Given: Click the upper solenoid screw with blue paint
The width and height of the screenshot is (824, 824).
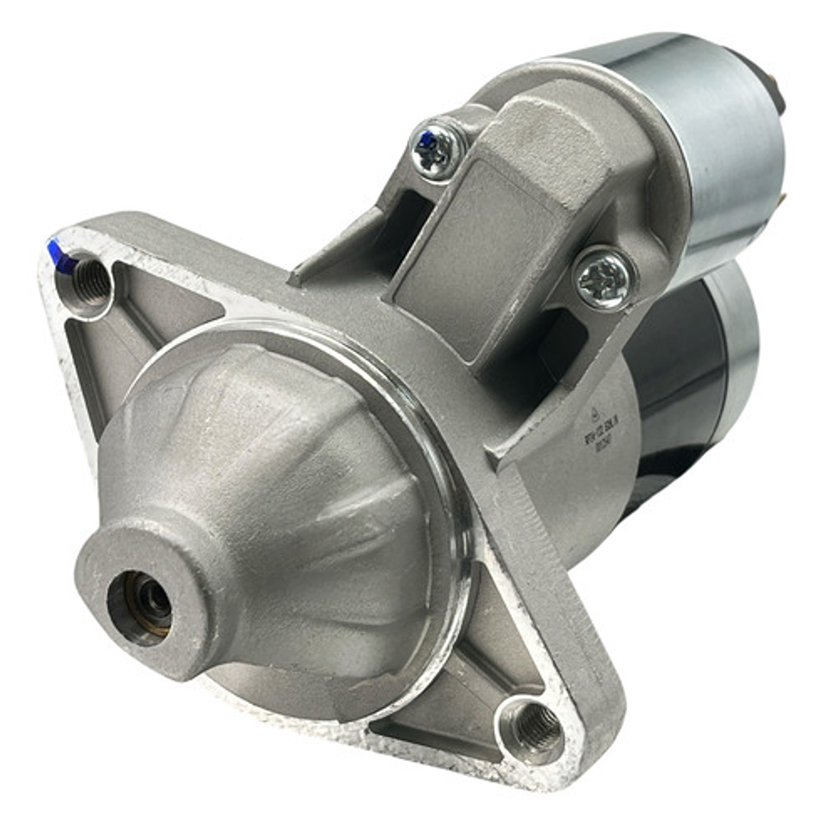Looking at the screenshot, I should pyautogui.click(x=438, y=148).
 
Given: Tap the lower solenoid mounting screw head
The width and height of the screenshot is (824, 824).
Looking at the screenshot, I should pyautogui.click(x=604, y=278).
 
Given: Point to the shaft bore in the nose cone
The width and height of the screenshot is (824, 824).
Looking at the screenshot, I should pyautogui.click(x=142, y=599).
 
